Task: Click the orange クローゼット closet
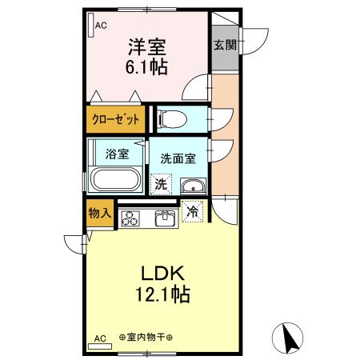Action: pyautogui.click(x=116, y=119)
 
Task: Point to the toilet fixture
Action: pyautogui.click(x=171, y=119)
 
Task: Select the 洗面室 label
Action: pyautogui.click(x=178, y=158)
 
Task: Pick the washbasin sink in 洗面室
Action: pyautogui.click(x=192, y=186)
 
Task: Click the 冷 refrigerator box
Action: pyautogui.click(x=193, y=211)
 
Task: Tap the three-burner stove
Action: pyautogui.click(x=131, y=218)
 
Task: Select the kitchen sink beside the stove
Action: pyautogui.click(x=164, y=218)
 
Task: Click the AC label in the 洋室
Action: pyautogui.click(x=101, y=26)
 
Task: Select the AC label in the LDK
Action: pyautogui.click(x=100, y=338)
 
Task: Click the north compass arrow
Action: pyautogui.click(x=290, y=338)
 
